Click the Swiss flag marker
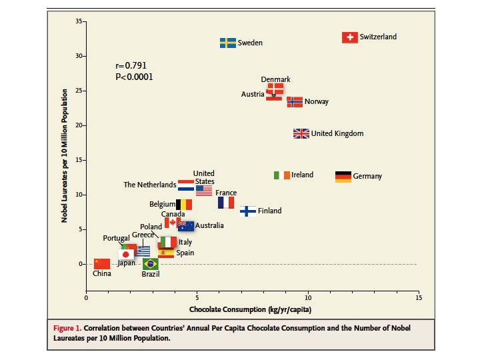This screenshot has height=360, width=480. point(349,37)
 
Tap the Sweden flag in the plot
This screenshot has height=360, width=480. point(228,43)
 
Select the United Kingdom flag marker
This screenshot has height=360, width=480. point(301,133)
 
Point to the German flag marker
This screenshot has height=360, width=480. point(343,177)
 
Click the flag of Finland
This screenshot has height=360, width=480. point(248,211)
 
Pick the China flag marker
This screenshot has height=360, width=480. point(102,263)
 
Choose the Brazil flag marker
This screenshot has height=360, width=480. point(151,264)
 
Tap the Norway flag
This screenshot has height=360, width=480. point(295,102)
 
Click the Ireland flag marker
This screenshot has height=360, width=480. point(282,175)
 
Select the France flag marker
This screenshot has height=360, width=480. point(226,202)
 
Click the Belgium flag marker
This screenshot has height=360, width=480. point(184,205)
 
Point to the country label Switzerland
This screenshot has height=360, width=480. point(378,37)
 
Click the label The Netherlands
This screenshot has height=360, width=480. point(150,185)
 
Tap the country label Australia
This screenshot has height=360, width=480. point(209,226)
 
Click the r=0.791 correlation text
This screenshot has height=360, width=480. point(131,65)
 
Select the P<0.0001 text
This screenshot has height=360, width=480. point(134,77)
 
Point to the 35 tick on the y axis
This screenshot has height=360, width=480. point(79,21)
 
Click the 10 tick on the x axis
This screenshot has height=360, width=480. point(308,298)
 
